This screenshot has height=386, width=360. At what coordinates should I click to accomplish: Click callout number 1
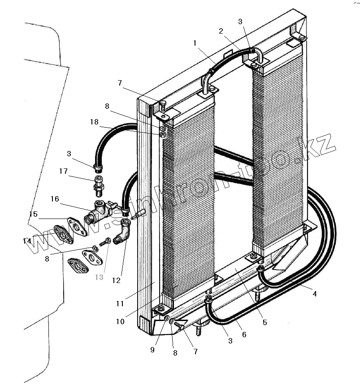tap(195, 43)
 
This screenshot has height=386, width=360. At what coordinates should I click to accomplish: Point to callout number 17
tap(63, 171)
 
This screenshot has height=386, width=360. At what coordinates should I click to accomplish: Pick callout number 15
tap(33, 214)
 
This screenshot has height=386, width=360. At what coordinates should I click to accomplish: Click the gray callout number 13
tap(99, 277)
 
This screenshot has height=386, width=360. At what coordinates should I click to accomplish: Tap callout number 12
tap(116, 281)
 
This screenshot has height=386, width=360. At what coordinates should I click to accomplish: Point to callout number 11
tap(120, 304)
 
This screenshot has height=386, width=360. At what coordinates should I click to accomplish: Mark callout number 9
tap(152, 350)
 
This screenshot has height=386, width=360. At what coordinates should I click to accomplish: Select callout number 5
tap(265, 322)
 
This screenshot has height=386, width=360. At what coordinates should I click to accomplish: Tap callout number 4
tap(315, 294)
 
